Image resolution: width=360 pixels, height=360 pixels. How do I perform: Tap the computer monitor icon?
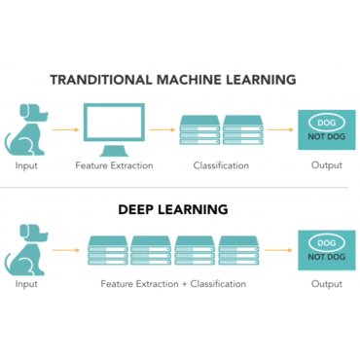pos(114,128)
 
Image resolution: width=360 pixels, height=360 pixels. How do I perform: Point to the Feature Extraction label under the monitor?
pos(114,165)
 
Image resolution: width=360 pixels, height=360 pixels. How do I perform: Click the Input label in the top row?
pos(27,165)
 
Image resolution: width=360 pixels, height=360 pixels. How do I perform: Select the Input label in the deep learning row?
pos(27,284)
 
